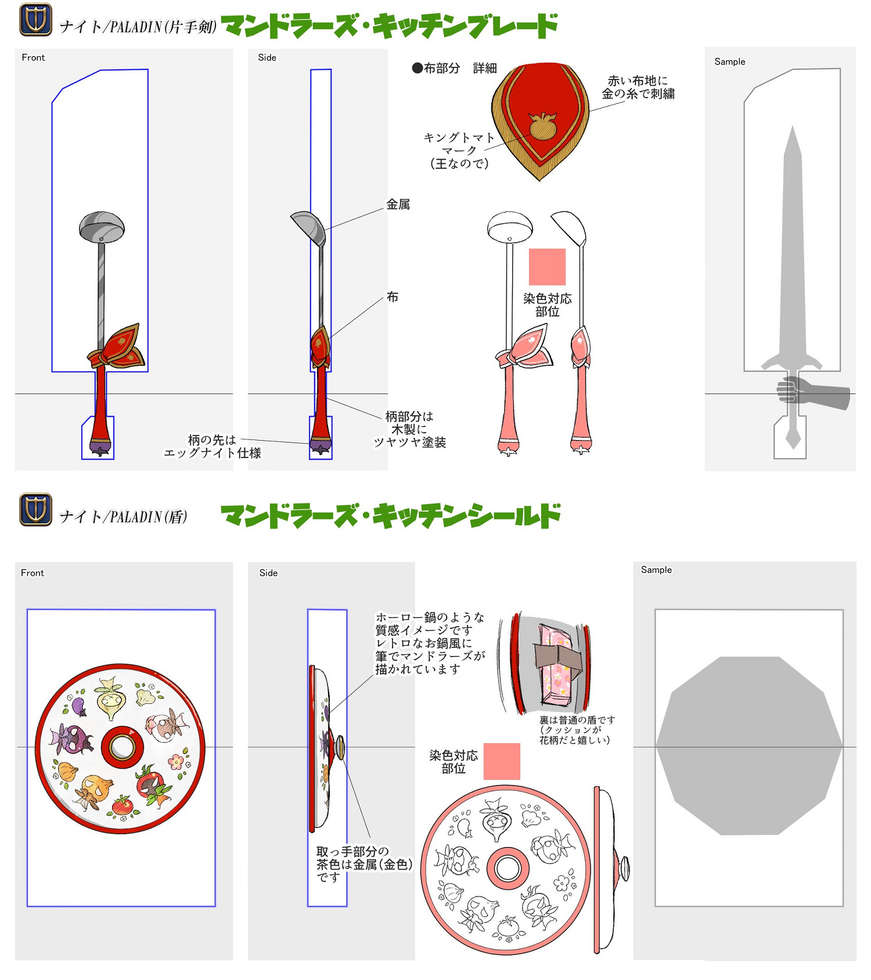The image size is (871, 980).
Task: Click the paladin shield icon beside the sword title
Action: click(x=36, y=19)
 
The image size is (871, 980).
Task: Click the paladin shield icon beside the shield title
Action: click(x=36, y=509)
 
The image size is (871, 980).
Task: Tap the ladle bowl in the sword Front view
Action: click(x=102, y=227)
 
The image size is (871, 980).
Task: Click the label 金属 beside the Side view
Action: click(x=398, y=204)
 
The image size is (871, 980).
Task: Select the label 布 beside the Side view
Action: click(x=393, y=297)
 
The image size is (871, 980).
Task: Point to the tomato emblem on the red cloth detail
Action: click(x=543, y=125)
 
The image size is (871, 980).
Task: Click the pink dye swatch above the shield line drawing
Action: click(x=502, y=761)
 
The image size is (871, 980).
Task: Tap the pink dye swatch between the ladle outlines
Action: click(x=547, y=267)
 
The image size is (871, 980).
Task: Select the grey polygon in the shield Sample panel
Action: click(x=749, y=746)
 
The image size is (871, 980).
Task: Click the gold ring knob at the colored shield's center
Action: click(x=123, y=747)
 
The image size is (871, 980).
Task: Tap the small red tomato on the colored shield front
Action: click(x=123, y=805)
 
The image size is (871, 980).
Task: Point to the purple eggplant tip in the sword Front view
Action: click(x=100, y=448)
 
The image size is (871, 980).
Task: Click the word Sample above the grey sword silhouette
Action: click(x=730, y=62)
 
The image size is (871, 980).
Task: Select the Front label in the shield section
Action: click(x=33, y=573)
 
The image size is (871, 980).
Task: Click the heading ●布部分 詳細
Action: click(x=454, y=69)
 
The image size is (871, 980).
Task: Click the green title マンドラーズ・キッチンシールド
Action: click(x=390, y=516)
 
